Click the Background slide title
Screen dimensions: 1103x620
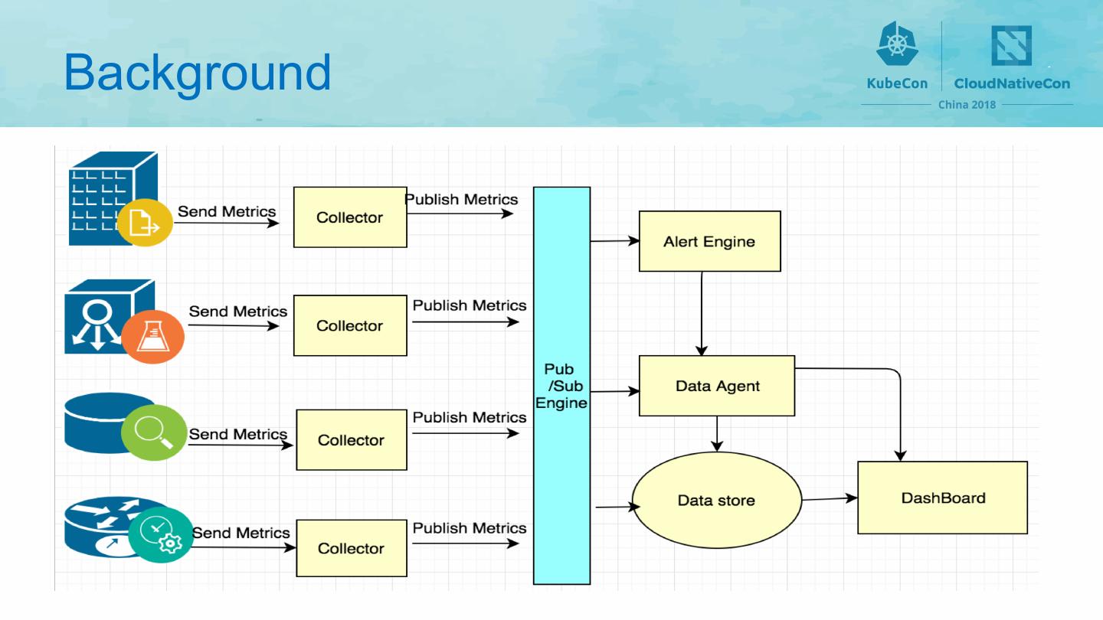tap(197, 73)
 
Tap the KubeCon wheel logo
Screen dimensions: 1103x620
tap(897, 44)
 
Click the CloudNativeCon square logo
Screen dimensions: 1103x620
tap(1011, 45)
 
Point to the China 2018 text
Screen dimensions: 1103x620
tap(967, 105)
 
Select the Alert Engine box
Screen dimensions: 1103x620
tap(709, 241)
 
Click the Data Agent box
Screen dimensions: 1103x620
tap(717, 386)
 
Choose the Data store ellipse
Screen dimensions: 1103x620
tap(716, 500)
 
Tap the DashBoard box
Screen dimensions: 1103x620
tap(942, 498)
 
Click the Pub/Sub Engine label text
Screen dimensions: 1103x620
tap(561, 386)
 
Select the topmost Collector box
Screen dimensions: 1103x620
tap(350, 217)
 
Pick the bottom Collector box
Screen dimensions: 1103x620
tap(352, 548)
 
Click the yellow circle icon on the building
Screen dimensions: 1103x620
tap(145, 223)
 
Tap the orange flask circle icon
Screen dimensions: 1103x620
tap(152, 337)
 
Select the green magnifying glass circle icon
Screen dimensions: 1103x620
tap(154, 432)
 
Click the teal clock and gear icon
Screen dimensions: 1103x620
tap(161, 535)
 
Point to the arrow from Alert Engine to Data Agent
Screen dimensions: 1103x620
tap(701, 314)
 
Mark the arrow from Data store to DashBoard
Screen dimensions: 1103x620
tap(830, 499)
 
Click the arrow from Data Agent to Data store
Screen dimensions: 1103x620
tap(717, 434)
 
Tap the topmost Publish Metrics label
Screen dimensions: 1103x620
tap(461, 199)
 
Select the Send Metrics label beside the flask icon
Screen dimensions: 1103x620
tap(237, 312)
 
